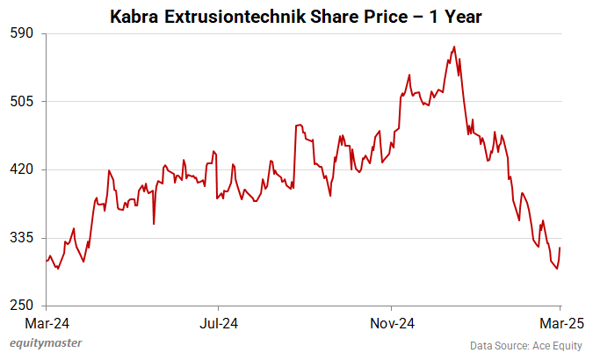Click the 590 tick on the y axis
pyautogui.click(x=21, y=33)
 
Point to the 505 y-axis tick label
pyautogui.click(x=21, y=102)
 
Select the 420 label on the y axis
pyautogui.click(x=21, y=169)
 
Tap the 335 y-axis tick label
pyautogui.click(x=21, y=238)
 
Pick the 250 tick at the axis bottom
pyautogui.click(x=21, y=306)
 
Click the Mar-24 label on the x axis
pyautogui.click(x=43, y=323)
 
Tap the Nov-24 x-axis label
pyautogui.click(x=392, y=323)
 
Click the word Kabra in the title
pyautogui.click(x=134, y=16)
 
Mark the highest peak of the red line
pyautogui.click(x=453, y=47)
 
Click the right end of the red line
pyautogui.click(x=560, y=248)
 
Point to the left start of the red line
pyautogui.click(x=47, y=261)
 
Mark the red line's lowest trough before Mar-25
pyautogui.click(x=557, y=269)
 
